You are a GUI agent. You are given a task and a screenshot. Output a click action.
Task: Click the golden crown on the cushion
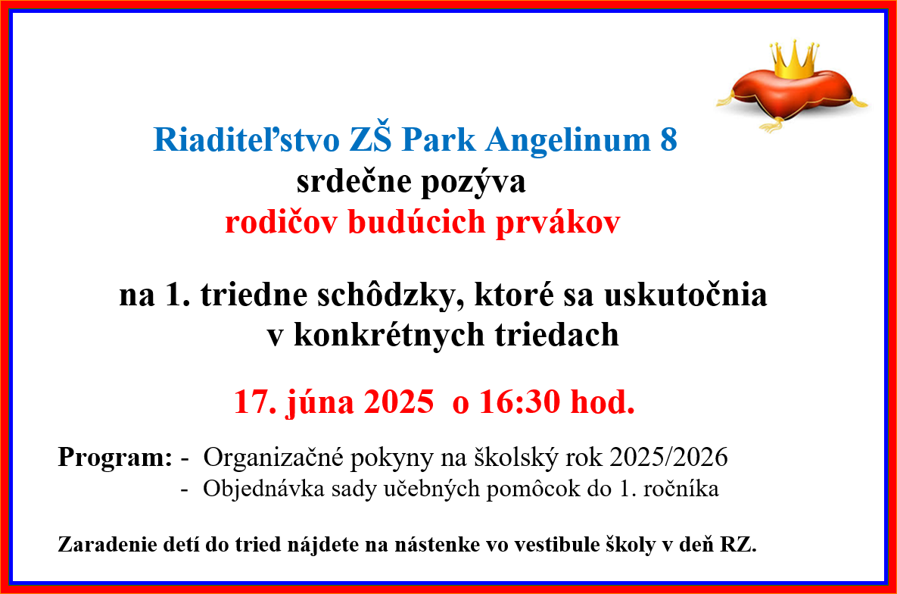[793, 60]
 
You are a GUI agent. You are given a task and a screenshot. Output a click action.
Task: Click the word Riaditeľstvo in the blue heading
[247, 139]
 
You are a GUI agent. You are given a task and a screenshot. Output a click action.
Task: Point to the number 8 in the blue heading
[668, 139]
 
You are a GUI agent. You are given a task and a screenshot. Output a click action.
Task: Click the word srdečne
[354, 182]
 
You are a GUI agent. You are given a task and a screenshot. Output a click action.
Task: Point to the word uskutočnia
[685, 295]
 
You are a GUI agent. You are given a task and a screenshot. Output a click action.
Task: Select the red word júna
[319, 402]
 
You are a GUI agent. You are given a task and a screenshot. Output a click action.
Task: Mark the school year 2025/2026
[668, 457]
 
